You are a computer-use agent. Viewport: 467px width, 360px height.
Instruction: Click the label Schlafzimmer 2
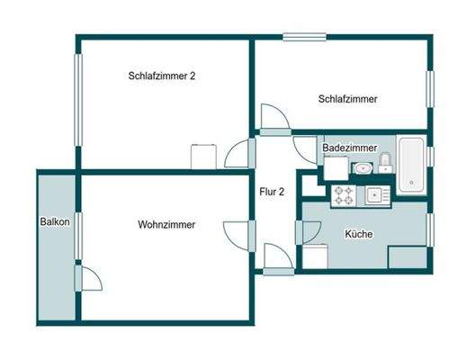[x=162, y=76]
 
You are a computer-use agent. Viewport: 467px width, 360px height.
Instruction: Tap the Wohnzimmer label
[x=167, y=224]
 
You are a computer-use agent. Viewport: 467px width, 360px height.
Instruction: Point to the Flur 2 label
[x=273, y=191]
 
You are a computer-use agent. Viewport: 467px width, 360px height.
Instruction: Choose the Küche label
[x=359, y=234]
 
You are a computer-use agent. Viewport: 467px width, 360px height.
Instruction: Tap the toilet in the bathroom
[x=384, y=163]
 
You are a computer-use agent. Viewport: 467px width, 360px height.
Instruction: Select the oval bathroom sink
[x=363, y=168]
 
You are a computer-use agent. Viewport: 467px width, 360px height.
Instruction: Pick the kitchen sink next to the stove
[x=373, y=193]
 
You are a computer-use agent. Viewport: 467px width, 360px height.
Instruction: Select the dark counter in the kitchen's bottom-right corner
[x=407, y=256]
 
